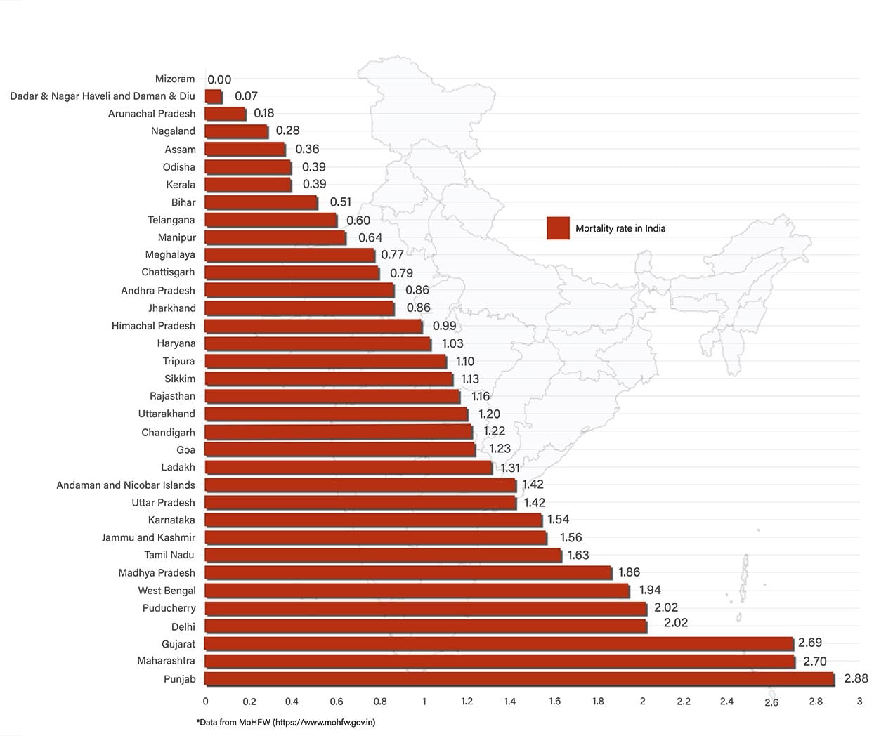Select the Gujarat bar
point(498,643)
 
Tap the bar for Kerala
point(247,185)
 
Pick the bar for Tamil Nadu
point(383,556)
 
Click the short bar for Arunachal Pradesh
point(225,114)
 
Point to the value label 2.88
point(856,678)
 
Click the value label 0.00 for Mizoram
point(219,80)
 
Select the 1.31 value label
point(510,468)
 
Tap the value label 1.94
point(650,590)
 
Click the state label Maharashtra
point(166,661)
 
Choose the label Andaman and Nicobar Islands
point(126,485)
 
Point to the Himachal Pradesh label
point(153,326)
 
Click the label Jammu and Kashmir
point(148,538)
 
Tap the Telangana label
point(171,220)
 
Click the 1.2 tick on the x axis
point(467,701)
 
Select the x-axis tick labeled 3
point(859,701)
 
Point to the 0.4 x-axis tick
point(292,701)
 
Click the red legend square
point(558,228)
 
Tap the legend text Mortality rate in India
point(620,228)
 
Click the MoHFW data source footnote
point(286,722)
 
